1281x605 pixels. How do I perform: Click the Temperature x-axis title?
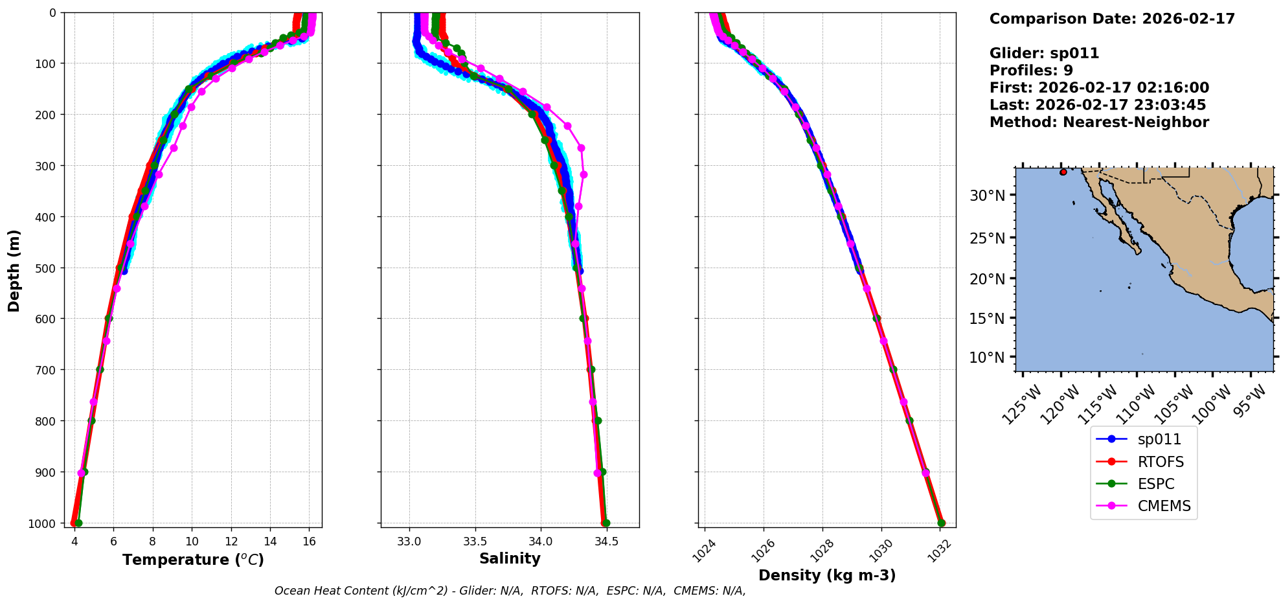(193, 560)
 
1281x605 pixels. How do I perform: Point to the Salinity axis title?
(510, 558)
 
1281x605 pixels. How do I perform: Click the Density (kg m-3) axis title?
(827, 575)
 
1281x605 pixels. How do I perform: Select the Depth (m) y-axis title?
(14, 270)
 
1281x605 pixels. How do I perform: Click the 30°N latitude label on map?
(987, 196)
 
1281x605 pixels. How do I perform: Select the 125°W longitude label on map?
(1022, 405)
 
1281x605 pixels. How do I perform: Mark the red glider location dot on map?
(1063, 172)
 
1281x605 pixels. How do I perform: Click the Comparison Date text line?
(1112, 19)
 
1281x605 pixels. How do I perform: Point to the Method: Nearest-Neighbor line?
(1099, 122)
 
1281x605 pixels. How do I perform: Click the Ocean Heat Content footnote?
(510, 591)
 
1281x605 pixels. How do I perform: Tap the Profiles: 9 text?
(1031, 71)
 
